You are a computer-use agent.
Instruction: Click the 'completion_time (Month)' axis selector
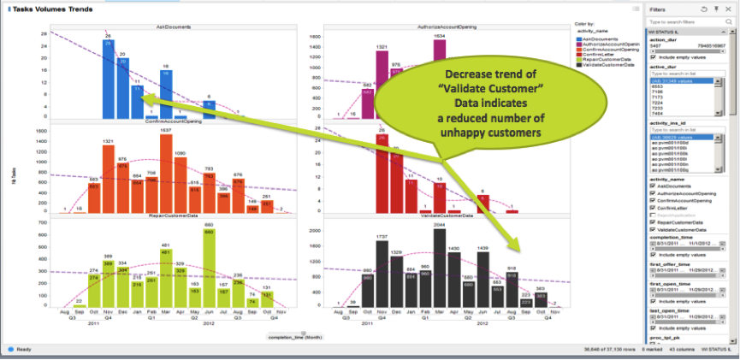[293, 338]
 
